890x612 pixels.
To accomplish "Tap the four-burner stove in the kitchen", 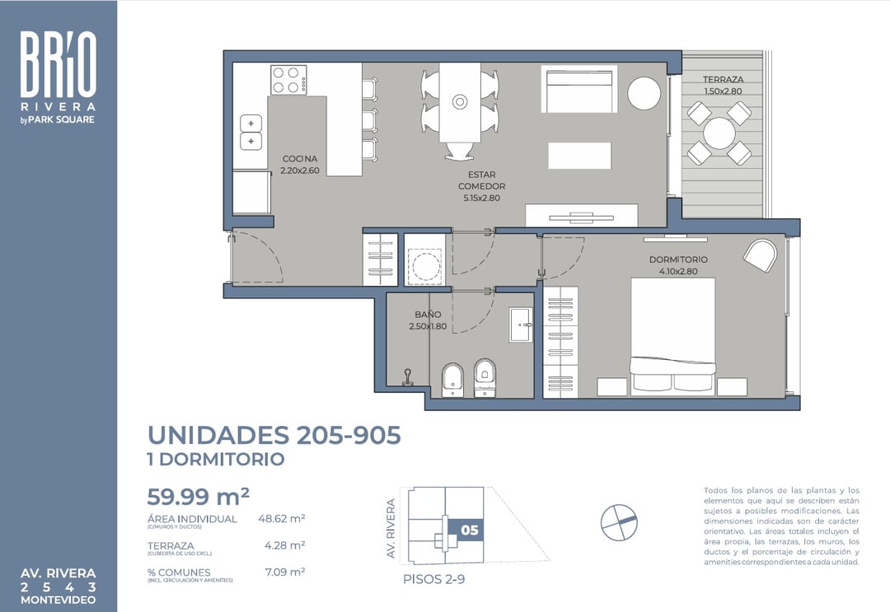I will (x=288, y=80).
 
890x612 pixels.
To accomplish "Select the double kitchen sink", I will (x=251, y=133).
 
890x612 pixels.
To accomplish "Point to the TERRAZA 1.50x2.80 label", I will (x=723, y=86).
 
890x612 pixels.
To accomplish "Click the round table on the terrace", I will (x=719, y=133).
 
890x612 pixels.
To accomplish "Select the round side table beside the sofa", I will (x=644, y=93).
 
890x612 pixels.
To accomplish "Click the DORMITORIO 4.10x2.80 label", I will (x=677, y=264).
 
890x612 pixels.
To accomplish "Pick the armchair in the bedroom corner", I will (x=760, y=255).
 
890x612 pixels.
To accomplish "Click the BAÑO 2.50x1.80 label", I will (x=428, y=320).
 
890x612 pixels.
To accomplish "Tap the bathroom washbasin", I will (x=520, y=325).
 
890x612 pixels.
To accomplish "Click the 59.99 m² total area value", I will (x=198, y=497).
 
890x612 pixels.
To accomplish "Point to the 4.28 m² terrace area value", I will (x=284, y=545).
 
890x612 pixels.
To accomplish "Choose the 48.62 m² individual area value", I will (x=281, y=519).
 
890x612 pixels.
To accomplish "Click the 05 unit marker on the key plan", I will (x=470, y=530).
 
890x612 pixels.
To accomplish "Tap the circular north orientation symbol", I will (x=619, y=521).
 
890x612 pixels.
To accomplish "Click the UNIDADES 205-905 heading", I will (x=274, y=435).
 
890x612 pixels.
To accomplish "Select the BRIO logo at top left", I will (x=58, y=66).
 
